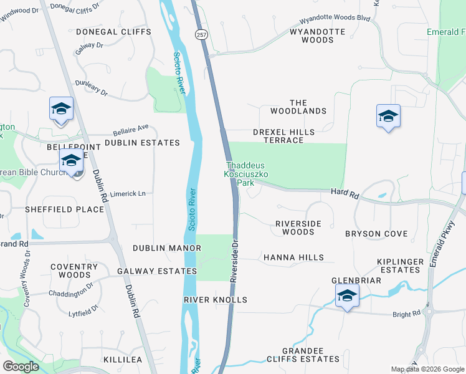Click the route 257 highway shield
click(201, 36)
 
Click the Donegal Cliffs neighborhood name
click(113, 31)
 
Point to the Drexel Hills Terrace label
click(283, 136)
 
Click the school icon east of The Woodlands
click(388, 117)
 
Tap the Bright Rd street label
click(407, 315)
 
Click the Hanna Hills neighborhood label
click(293, 257)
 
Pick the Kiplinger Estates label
click(399, 266)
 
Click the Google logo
click(21, 367)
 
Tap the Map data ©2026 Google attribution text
click(427, 369)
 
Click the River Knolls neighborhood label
click(216, 300)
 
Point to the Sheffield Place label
click(64, 209)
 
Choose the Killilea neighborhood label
click(123, 360)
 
